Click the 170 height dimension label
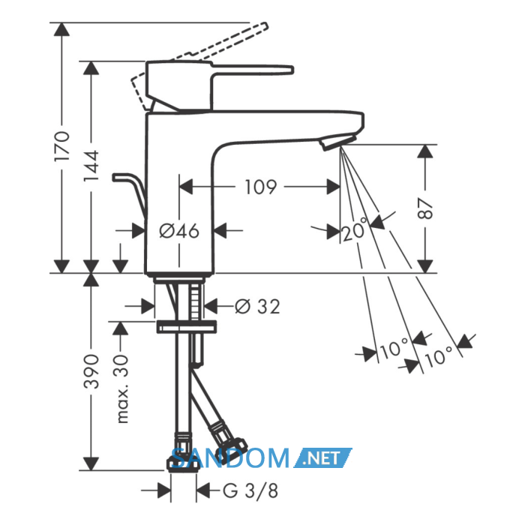pyautogui.click(x=62, y=146)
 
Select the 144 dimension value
pyautogui.click(x=91, y=166)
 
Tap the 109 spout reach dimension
pyautogui.click(x=261, y=187)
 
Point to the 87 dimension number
pyautogui.click(x=425, y=208)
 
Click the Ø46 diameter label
pyautogui.click(x=179, y=231)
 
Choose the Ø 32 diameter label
pyautogui.click(x=257, y=306)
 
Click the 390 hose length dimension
pyautogui.click(x=91, y=371)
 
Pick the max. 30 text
pyautogui.click(x=122, y=388)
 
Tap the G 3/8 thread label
pyautogui.click(x=250, y=490)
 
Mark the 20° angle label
pyautogui.click(x=355, y=230)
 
